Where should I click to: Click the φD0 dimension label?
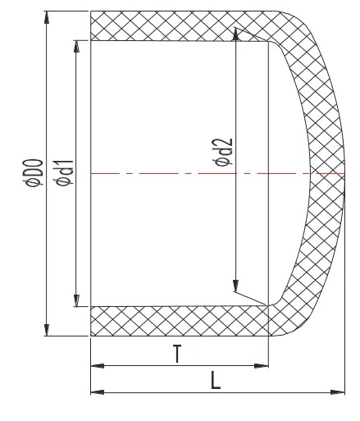click(33, 174)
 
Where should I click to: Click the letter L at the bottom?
click(215, 382)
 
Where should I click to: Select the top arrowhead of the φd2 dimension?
click(236, 35)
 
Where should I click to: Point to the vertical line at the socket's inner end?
click(268, 123)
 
